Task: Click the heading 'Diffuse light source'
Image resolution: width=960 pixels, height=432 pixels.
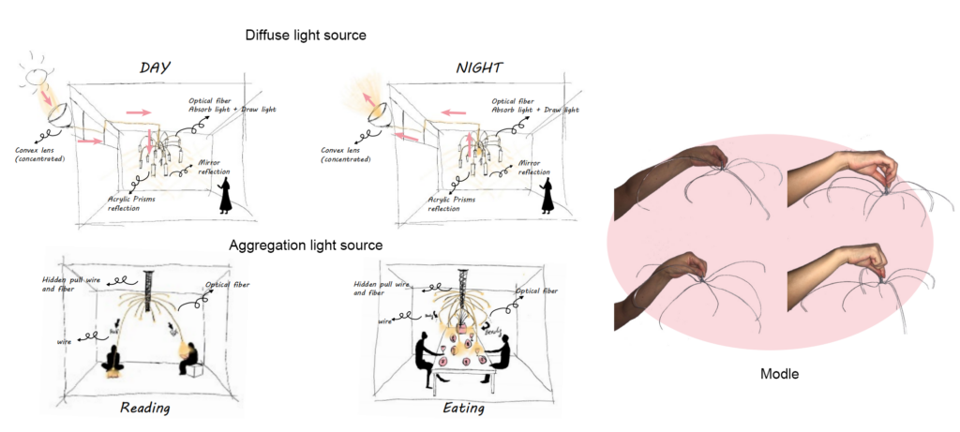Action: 306,35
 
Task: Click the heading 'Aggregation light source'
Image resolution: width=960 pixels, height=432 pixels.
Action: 306,246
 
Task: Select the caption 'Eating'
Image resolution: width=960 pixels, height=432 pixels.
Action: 464,409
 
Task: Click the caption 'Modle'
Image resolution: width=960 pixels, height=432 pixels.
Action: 781,374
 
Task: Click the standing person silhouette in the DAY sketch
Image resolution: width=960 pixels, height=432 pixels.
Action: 227,197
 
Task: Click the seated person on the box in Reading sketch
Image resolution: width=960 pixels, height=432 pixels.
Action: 189,358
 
